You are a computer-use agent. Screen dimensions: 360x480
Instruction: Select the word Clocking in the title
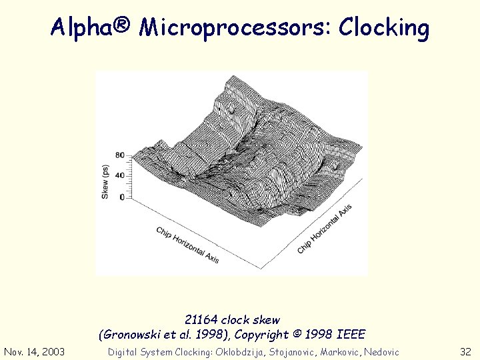coord(384,27)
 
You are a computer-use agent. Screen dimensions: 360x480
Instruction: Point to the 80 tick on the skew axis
coord(119,155)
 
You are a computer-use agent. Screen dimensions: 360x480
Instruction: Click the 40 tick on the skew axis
coord(119,175)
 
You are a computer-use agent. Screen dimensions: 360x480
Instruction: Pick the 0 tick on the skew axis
coord(121,197)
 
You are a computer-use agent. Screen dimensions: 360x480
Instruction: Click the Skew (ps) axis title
coord(105,181)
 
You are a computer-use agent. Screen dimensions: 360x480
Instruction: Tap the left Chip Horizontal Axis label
coord(188,244)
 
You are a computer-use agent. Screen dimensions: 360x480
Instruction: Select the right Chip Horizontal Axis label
coord(325,229)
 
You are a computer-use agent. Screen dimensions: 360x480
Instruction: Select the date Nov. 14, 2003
coord(34,351)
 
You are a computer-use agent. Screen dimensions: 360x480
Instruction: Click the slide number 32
coord(465,351)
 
